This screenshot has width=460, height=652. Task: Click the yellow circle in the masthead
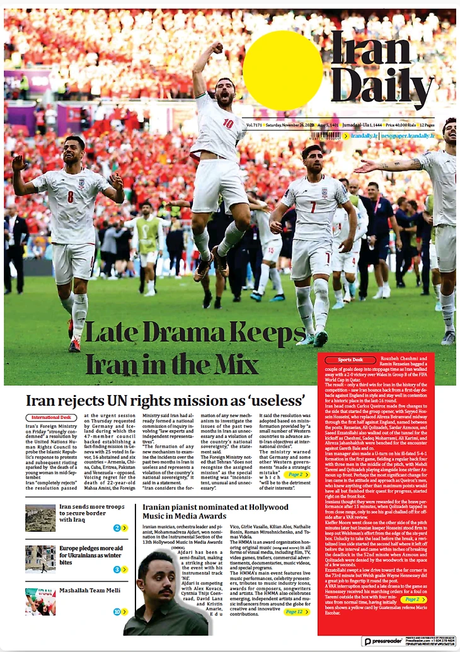point(283,71)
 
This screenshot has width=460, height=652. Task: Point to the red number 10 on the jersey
point(228,123)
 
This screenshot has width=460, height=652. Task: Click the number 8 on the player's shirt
point(71,196)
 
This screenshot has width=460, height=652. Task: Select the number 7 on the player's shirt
point(313,207)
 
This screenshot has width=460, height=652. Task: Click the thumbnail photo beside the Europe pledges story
point(40,559)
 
